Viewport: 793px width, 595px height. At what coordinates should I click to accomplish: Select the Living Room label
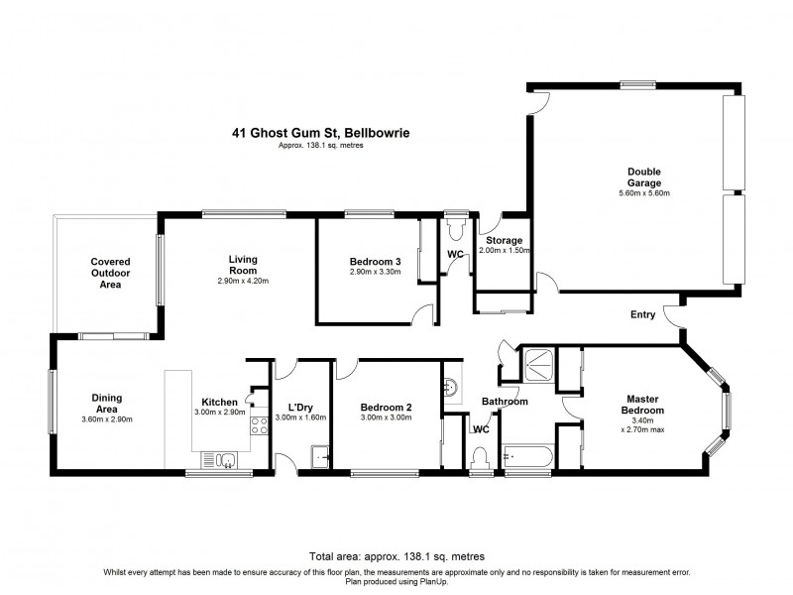point(243,265)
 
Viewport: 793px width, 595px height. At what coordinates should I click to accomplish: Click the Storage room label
point(504,241)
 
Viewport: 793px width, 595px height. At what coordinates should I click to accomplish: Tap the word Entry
point(642,315)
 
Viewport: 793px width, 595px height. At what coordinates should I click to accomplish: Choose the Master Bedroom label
point(642,405)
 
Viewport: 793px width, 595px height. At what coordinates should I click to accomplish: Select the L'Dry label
point(300,408)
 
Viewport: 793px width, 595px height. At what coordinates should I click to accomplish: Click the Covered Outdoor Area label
point(111,273)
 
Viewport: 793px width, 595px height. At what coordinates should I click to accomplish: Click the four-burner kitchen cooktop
point(261,426)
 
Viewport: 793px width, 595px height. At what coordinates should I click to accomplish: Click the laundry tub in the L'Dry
point(321,457)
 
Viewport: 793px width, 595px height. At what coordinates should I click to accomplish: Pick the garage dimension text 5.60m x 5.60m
point(644,193)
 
